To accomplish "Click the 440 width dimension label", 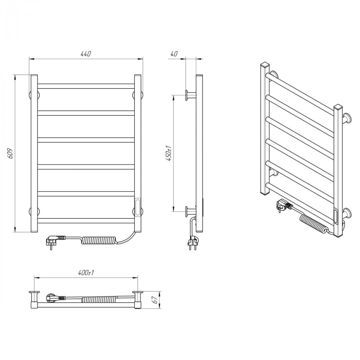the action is click(86, 54).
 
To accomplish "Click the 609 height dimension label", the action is click(10, 153).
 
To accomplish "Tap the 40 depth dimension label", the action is click(174, 54).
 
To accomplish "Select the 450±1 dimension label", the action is click(169, 153).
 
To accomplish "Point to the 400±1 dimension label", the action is click(86, 273).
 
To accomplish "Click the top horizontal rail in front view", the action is click(86, 86).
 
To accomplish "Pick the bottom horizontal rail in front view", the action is click(86, 221).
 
